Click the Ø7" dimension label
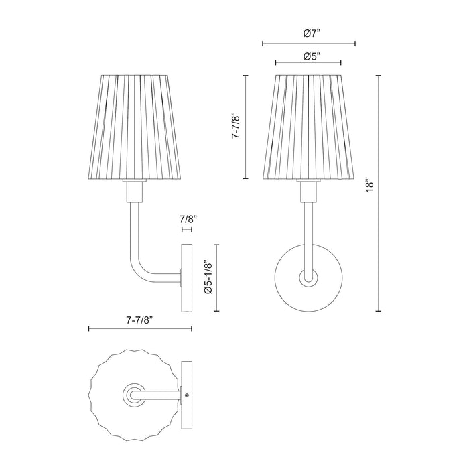[x=309, y=33]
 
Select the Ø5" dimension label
[x=309, y=57]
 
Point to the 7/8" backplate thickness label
[x=187, y=218]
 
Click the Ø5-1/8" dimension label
[x=208, y=277]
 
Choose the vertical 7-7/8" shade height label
[x=235, y=125]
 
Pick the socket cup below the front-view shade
[x=309, y=192]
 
